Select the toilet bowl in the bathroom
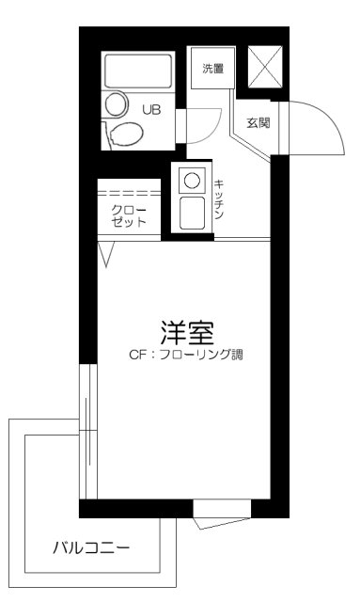tap(122, 135)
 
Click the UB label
tap(151, 109)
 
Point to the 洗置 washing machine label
tap(213, 69)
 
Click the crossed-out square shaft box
tap(263, 64)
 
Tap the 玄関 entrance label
tap(259, 122)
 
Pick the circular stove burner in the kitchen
tap(192, 177)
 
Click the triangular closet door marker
tap(105, 250)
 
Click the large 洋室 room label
tap(188, 333)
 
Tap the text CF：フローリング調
tap(188, 356)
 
